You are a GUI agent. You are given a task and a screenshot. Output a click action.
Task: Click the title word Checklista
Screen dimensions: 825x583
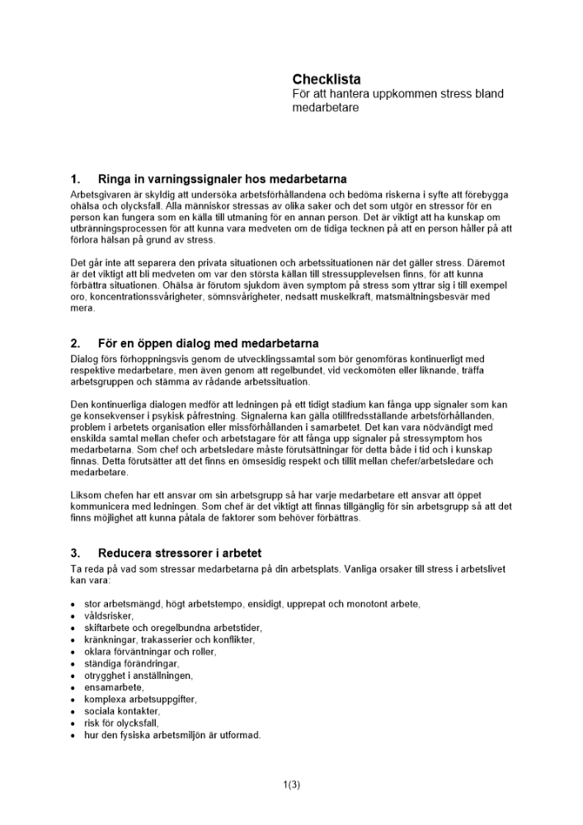pos(327,79)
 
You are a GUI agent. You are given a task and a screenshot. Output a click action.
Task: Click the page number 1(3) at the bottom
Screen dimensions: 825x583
pos(291,784)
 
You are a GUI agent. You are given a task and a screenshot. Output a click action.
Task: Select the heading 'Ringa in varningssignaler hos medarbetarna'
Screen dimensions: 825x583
pos(222,179)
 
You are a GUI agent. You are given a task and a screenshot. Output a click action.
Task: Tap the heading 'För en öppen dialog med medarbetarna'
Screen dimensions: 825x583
pos(208,343)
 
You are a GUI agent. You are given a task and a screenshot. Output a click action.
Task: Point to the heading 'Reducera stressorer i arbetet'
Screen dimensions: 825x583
pos(179,553)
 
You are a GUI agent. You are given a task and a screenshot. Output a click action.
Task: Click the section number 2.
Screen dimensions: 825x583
pos(75,343)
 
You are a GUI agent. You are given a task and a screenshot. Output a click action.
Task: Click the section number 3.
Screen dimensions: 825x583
pos(75,553)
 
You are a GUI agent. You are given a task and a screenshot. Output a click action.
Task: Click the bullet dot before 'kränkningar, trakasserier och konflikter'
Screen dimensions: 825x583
pos(74,640)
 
